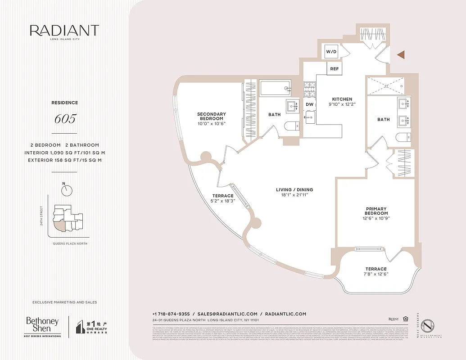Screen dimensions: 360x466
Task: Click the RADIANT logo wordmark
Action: click(64, 31)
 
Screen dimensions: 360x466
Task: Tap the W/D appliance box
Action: click(331, 52)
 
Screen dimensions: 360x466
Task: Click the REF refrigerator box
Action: click(334, 69)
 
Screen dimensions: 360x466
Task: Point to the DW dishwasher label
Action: click(309, 104)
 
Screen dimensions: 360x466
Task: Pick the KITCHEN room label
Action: click(342, 99)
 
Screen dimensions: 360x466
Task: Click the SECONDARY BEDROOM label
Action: click(211, 116)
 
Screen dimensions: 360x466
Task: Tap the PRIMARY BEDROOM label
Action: click(376, 210)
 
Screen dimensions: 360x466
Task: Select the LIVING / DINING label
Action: click(294, 190)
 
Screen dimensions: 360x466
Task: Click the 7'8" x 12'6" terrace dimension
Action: click(376, 274)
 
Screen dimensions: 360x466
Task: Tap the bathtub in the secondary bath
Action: click(275, 87)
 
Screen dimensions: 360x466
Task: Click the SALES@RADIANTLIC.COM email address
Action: click(227, 314)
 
